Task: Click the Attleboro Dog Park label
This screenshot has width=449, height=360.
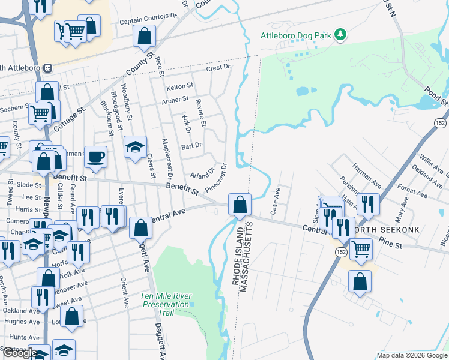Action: pos(295,35)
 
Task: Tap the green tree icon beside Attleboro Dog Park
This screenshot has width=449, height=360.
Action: pos(341,34)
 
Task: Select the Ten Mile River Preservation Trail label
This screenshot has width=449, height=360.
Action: pos(165,300)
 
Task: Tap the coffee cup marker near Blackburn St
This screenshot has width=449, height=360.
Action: pos(95,157)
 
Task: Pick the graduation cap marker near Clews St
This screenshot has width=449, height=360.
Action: pos(136,146)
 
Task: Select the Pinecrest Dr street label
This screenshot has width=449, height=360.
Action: pos(215,178)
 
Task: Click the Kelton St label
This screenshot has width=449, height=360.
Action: pos(180,86)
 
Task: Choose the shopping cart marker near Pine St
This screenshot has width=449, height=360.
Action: pos(360,248)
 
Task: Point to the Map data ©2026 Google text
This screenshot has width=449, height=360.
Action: pos(412,355)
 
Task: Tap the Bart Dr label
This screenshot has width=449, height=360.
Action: pos(191,145)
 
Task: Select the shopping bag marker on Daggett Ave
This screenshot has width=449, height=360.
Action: pos(140,227)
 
